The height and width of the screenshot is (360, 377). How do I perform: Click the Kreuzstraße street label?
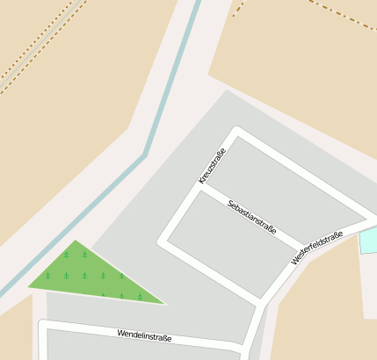[x=213, y=165]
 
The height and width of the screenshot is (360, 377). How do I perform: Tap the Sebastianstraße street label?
[x=251, y=218]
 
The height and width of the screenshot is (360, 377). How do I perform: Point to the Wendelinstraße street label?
[x=144, y=335]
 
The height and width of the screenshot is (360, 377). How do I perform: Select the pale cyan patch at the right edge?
[x=369, y=240]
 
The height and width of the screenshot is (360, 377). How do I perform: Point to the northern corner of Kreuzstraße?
[x=236, y=132]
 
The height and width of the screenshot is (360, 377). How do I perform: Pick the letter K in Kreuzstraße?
[x=202, y=181]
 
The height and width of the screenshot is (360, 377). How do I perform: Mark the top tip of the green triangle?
[x=76, y=240]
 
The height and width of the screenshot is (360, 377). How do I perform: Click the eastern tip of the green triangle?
[x=165, y=304]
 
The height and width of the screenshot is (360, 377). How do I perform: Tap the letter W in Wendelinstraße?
[x=120, y=333]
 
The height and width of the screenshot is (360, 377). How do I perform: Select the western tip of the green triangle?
[x=28, y=286]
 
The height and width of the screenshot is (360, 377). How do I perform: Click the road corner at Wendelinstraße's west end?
[x=43, y=327]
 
